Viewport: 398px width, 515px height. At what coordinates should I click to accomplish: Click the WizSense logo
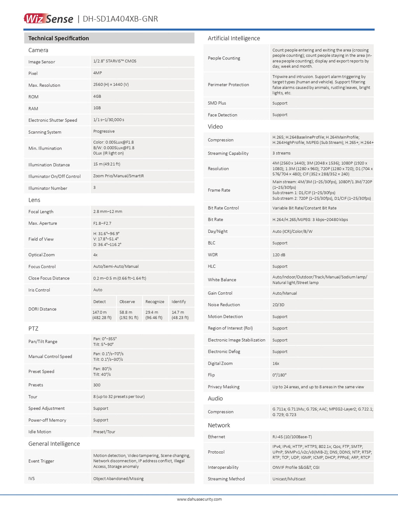(49, 19)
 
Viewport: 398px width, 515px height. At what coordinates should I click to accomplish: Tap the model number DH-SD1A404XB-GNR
(120, 19)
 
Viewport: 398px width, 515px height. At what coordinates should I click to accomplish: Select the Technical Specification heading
(59, 38)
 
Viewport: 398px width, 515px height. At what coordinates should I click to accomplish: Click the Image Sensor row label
(42, 62)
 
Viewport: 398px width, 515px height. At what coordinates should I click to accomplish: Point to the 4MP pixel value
(98, 73)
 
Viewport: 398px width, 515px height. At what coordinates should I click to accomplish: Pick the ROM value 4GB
(97, 96)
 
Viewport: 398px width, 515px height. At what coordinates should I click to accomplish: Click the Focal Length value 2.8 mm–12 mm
(108, 211)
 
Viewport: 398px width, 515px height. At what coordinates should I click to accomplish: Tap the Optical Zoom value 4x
(96, 255)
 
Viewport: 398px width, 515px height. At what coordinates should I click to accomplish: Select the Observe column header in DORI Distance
(127, 302)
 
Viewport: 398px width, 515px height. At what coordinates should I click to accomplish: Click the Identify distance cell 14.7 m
(180, 315)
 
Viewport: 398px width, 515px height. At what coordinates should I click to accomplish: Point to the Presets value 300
(97, 385)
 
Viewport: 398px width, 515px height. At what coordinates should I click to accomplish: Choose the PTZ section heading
(33, 328)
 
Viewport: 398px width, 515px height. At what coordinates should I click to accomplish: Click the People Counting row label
(224, 58)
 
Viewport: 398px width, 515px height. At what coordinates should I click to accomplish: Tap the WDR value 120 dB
(279, 255)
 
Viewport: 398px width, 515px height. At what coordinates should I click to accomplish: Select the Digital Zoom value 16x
(276, 363)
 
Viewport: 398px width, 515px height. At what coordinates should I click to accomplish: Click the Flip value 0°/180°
(279, 375)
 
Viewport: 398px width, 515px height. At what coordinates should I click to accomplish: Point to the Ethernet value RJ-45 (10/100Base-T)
(292, 437)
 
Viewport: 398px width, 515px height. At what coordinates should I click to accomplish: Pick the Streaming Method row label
(226, 479)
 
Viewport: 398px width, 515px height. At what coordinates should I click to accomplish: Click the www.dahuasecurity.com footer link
(199, 499)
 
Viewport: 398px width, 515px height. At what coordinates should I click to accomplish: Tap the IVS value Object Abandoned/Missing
(119, 479)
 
